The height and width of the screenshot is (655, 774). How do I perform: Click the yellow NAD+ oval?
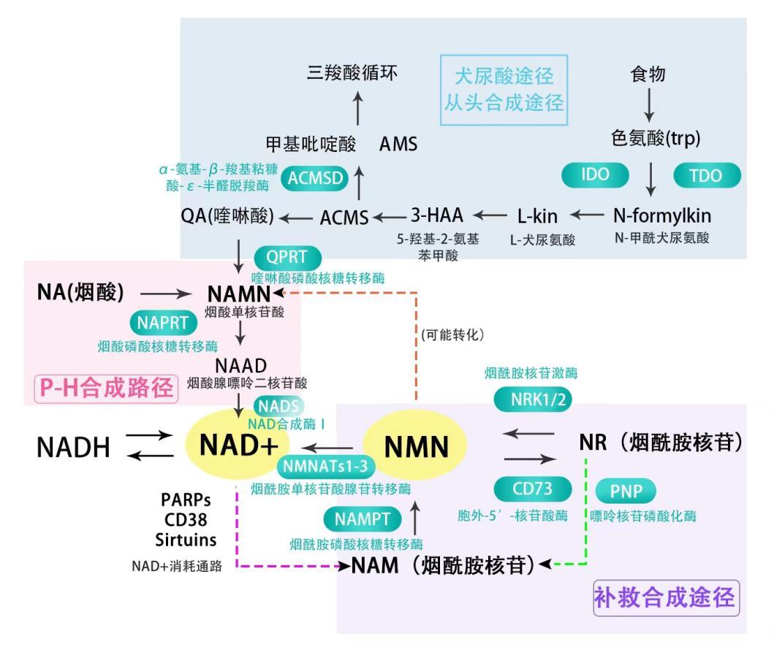coord(238,445)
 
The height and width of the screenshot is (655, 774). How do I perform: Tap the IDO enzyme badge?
coord(595,175)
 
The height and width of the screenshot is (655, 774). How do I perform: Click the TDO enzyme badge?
coord(705,175)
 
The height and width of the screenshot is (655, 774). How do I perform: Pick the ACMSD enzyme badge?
coord(316,180)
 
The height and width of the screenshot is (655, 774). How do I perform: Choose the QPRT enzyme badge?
coord(287,257)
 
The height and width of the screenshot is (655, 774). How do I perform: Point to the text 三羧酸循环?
coord(353,73)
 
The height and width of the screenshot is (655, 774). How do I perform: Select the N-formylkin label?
coord(661,215)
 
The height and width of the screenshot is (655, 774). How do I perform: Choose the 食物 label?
coord(648,74)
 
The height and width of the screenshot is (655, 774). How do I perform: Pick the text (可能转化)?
coord(452,334)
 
